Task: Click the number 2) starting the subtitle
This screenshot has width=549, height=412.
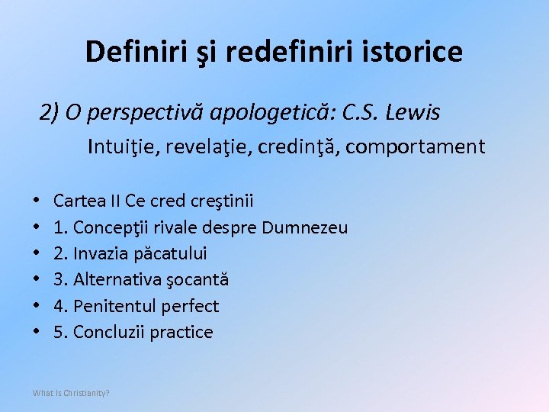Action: point(50,112)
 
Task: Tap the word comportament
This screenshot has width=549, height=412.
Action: point(425,146)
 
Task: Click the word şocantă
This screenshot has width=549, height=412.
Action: point(197,279)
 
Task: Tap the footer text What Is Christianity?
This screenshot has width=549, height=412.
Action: point(71,393)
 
